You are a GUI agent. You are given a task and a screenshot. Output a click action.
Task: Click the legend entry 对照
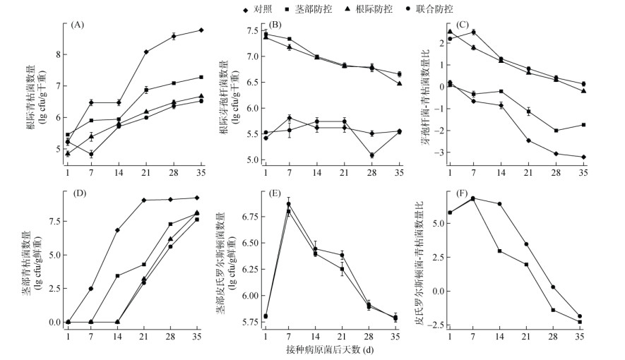[255, 8]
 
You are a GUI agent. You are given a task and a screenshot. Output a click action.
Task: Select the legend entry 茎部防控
[311, 8]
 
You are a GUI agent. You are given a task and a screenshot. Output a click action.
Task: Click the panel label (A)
[77, 25]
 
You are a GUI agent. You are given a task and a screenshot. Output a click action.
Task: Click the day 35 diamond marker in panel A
[201, 30]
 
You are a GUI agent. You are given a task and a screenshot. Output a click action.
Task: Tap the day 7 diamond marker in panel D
[91, 289]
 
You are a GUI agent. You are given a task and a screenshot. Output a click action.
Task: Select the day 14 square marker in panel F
[500, 251]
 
